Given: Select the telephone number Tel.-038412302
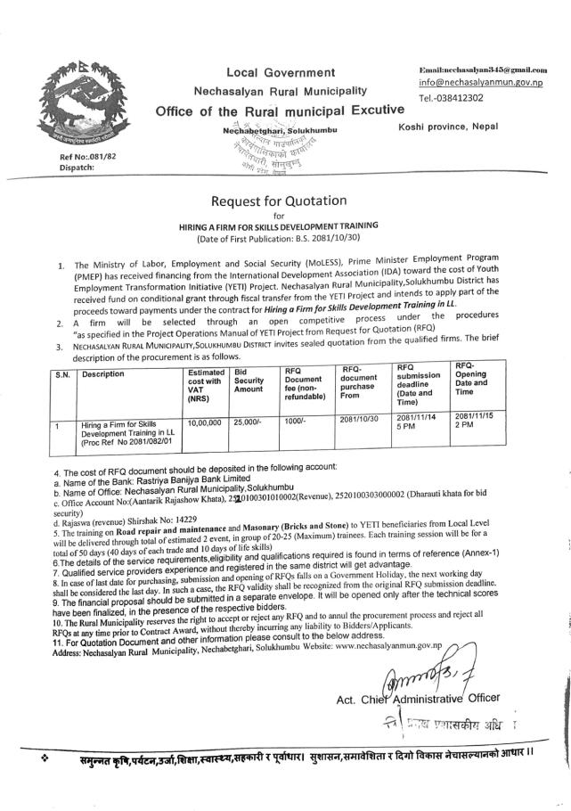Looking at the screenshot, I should pyautogui.click(x=452, y=97).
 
